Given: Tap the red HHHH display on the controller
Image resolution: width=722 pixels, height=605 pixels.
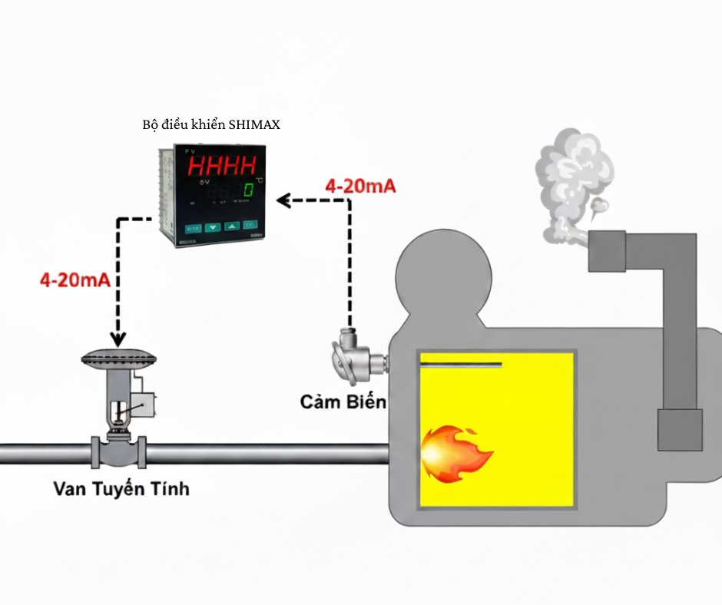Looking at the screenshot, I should (x=223, y=166).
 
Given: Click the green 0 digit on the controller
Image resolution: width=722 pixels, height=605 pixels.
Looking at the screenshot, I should (x=248, y=190).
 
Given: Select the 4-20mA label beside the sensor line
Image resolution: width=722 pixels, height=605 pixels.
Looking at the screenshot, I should (x=361, y=186).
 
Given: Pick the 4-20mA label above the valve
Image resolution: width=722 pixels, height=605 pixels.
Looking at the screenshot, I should (x=75, y=279).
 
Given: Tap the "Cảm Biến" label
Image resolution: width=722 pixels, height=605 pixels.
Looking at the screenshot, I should (x=343, y=402).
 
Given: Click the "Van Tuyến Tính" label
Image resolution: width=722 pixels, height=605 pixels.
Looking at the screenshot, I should (x=121, y=488).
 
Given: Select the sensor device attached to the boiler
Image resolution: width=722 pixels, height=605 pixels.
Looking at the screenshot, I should (x=354, y=358).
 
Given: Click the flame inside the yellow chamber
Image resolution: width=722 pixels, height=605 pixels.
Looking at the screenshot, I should (x=455, y=454).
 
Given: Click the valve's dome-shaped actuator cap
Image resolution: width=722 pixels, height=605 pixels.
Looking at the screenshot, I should (x=118, y=359).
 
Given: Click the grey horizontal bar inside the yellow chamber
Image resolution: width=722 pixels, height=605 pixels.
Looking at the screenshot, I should (x=460, y=365).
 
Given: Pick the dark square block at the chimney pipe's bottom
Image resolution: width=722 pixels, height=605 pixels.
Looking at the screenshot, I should (x=681, y=429).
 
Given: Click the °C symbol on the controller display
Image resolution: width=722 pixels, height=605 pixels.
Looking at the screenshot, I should (x=259, y=180).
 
